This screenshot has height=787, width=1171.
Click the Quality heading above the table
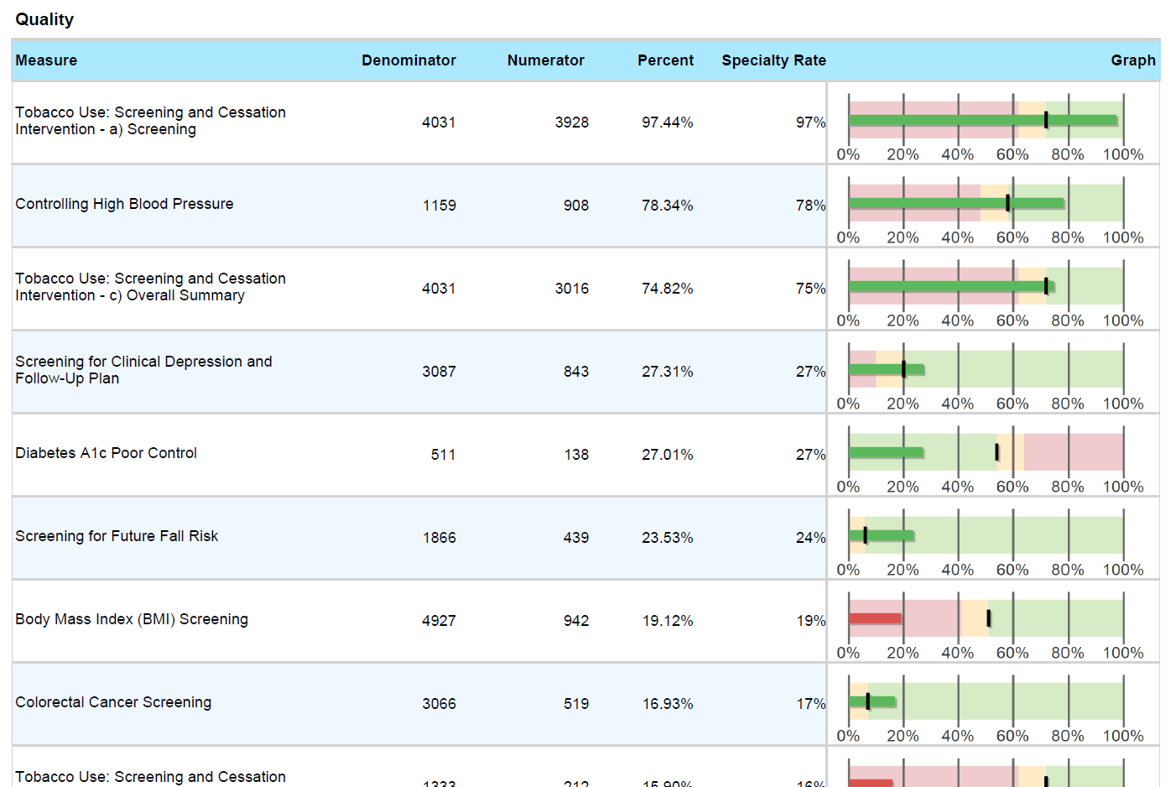click(x=44, y=19)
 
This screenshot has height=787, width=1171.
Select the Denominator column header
click(x=409, y=60)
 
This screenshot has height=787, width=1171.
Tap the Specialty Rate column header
click(x=773, y=60)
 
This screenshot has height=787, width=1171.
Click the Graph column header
click(x=1132, y=60)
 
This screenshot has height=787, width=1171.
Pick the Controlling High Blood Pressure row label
click(x=124, y=204)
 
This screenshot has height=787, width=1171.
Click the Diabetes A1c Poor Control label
click(x=106, y=453)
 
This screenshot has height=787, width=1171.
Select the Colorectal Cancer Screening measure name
click(x=113, y=702)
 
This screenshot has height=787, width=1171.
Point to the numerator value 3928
click(x=571, y=122)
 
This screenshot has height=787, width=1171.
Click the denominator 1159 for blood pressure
click(x=439, y=206)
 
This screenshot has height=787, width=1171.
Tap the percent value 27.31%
click(x=667, y=372)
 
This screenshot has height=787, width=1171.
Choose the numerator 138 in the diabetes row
click(x=576, y=455)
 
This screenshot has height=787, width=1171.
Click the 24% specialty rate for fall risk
click(x=810, y=538)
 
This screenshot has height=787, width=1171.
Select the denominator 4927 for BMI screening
click(x=439, y=621)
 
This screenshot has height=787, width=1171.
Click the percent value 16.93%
click(x=667, y=704)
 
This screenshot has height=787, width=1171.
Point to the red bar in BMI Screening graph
click(x=875, y=618)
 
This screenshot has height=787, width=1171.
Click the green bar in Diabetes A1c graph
click(x=886, y=452)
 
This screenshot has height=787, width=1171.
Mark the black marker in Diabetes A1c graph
click(x=997, y=452)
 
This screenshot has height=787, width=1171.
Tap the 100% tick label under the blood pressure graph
click(x=1122, y=237)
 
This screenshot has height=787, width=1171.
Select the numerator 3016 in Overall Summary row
click(x=571, y=289)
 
